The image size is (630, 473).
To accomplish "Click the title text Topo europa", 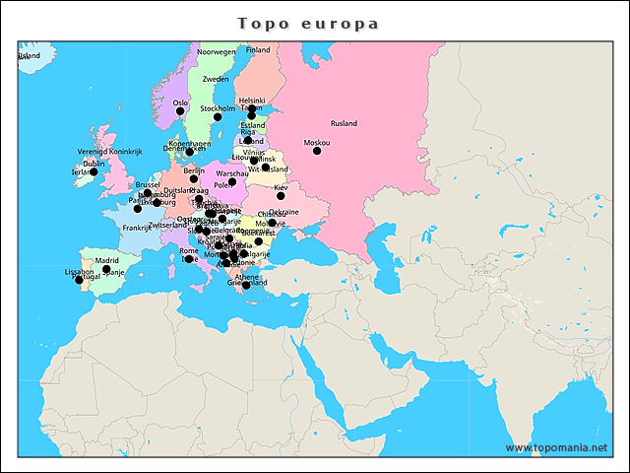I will pos(308,23).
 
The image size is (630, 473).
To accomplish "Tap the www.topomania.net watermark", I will pos(556,447).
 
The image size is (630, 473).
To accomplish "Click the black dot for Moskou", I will pos(317,151).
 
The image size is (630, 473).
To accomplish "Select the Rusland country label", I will pos(344,123).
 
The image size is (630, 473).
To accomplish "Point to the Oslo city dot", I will pos(180,111).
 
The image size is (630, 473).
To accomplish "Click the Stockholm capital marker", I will pos(218,117).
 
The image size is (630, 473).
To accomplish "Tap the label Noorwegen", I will pos(217,51).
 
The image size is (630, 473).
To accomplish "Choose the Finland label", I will pos(258,49).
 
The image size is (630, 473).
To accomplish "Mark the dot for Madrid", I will pos(106,269).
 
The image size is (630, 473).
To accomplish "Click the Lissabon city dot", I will pos(79,280).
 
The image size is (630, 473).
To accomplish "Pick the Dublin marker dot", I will pos(94,171).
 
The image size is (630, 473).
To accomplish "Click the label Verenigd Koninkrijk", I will pos(110,152).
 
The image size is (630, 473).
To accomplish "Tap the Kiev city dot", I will pos(281,196).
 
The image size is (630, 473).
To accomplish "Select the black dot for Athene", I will pos(246,285).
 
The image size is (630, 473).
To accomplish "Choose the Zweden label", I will pos(215,79).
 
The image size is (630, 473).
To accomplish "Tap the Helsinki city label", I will pos(252,101).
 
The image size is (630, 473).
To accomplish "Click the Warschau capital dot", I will pos(232,181).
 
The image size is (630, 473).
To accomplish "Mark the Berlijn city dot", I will pos(194,179).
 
